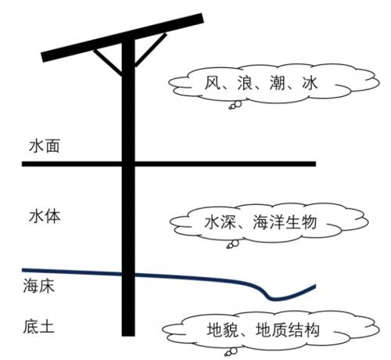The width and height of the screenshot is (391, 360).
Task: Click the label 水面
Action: (x=45, y=146)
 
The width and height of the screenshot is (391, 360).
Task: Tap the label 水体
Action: (x=45, y=216)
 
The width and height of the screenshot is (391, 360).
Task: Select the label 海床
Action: (x=39, y=286)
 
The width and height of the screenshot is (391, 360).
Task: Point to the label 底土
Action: (x=39, y=326)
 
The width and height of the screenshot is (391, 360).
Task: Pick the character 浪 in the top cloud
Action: (x=245, y=83)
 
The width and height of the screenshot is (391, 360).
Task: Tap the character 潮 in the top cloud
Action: (x=278, y=83)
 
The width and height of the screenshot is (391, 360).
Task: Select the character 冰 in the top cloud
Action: (x=310, y=83)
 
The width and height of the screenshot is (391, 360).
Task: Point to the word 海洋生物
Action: (x=285, y=222)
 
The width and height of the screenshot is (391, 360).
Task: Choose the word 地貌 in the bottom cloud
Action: (x=223, y=330)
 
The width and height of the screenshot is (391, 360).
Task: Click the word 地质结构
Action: (x=288, y=330)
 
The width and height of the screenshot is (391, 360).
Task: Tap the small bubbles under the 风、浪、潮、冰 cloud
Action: (x=235, y=105)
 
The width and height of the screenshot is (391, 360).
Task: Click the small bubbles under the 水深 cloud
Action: (x=233, y=244)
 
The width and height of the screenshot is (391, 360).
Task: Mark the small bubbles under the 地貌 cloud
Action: (x=231, y=352)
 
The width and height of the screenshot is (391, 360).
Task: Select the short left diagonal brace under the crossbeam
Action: (x=108, y=62)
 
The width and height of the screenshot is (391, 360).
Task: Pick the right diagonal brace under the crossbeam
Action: (x=150, y=49)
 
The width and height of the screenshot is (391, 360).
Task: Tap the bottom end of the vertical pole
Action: (x=128, y=336)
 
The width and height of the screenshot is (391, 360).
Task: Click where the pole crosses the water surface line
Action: (x=128, y=164)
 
